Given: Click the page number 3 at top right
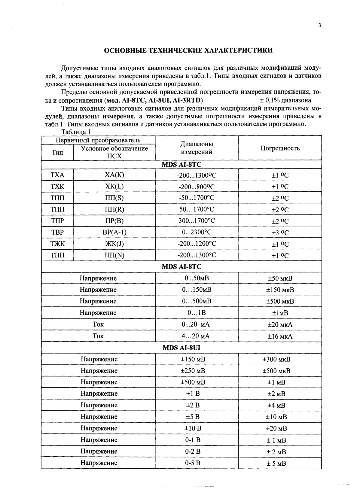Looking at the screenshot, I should tap(320, 26).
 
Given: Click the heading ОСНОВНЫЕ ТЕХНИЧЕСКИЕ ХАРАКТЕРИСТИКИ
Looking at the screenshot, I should tap(188, 50).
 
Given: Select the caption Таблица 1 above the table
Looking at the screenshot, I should tap(76, 132).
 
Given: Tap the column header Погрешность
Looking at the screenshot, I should tap(280, 148).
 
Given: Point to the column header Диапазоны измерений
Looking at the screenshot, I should tap(197, 148).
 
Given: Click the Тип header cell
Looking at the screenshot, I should tap(57, 152).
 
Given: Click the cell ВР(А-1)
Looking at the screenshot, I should tap(114, 232).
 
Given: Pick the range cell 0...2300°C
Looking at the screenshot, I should tap(197, 232).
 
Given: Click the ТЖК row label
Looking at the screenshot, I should tap(57, 244).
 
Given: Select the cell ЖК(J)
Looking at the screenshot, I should tap(114, 244).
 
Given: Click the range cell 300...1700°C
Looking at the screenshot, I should tap(197, 221).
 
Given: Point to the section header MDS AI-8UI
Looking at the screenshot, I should tap(181, 348).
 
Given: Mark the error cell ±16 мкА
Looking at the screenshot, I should tap(280, 336).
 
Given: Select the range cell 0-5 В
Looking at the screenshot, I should tap(193, 463).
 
